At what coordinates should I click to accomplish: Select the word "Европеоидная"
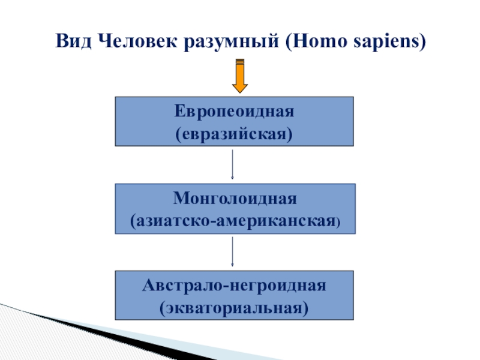click(x=234, y=112)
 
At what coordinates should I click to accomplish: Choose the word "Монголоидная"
click(x=235, y=198)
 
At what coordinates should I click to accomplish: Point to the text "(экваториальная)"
click(x=234, y=307)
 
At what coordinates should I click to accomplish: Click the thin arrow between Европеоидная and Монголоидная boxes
click(x=232, y=164)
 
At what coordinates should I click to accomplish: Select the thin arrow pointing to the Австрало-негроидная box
click(x=232, y=252)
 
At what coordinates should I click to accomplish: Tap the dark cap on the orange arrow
click(x=240, y=61)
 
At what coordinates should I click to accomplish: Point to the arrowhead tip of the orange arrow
click(x=240, y=91)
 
